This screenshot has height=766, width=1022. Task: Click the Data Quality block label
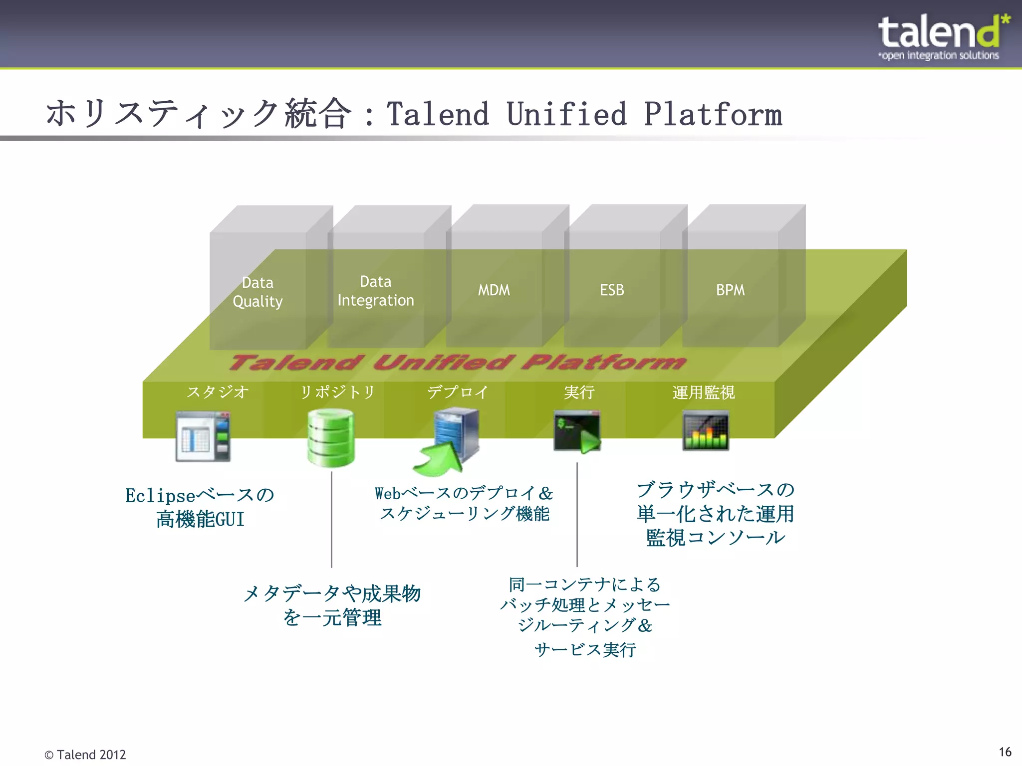[257, 292]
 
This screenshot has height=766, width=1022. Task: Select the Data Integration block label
[376, 291]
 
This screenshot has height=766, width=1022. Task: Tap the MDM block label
[494, 290]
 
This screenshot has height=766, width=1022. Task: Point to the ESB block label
[612, 290]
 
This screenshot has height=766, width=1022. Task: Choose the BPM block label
[730, 290]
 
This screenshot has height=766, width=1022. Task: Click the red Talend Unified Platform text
[457, 363]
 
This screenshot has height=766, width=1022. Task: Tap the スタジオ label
[218, 392]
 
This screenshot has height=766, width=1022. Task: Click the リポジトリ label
[337, 392]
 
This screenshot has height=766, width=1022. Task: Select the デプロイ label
[457, 392]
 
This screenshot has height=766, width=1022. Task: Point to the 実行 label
[579, 392]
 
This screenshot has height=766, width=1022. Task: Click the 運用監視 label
[703, 392]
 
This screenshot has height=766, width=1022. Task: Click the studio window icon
[203, 436]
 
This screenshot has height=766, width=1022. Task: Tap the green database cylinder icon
[331, 437]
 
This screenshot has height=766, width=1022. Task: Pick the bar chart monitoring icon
[705, 430]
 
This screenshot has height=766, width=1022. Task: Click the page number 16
[1005, 752]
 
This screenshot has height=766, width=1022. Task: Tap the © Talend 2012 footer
[85, 755]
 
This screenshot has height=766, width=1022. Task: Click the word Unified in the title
[566, 114]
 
